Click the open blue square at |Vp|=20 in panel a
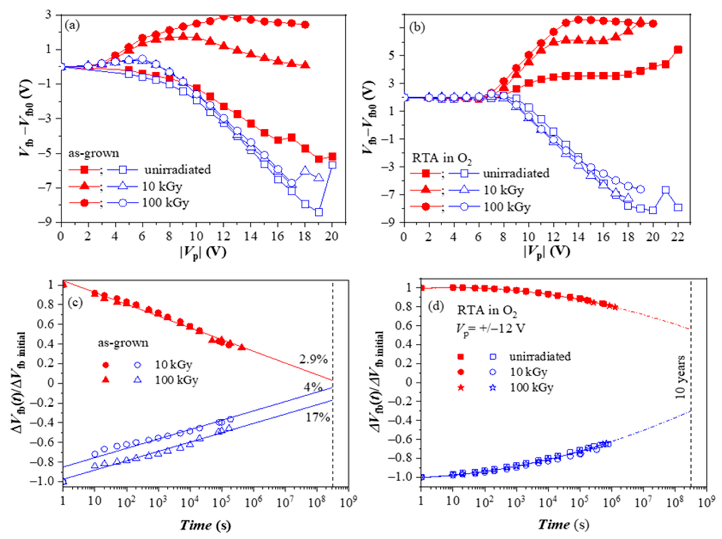pyautogui.click(x=332, y=165)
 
